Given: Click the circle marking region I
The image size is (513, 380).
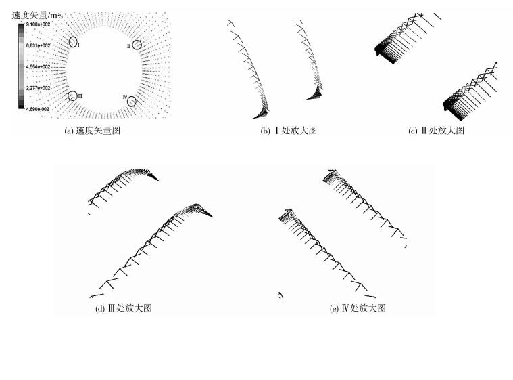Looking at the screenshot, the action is click(73, 41).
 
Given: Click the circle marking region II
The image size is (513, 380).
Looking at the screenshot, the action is click(137, 45).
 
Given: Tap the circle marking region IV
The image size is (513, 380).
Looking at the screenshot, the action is click(132, 102).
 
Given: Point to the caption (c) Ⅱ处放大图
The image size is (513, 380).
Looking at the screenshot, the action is click(436, 131).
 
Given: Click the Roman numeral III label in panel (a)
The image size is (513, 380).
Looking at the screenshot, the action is click(80, 96).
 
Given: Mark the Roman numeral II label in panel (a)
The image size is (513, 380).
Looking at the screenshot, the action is click(128, 45).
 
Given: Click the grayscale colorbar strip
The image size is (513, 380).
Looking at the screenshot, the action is click(20, 66).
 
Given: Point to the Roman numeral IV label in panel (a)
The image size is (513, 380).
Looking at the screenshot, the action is click(125, 98).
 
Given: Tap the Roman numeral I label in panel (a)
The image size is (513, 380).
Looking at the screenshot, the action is click(79, 45).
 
